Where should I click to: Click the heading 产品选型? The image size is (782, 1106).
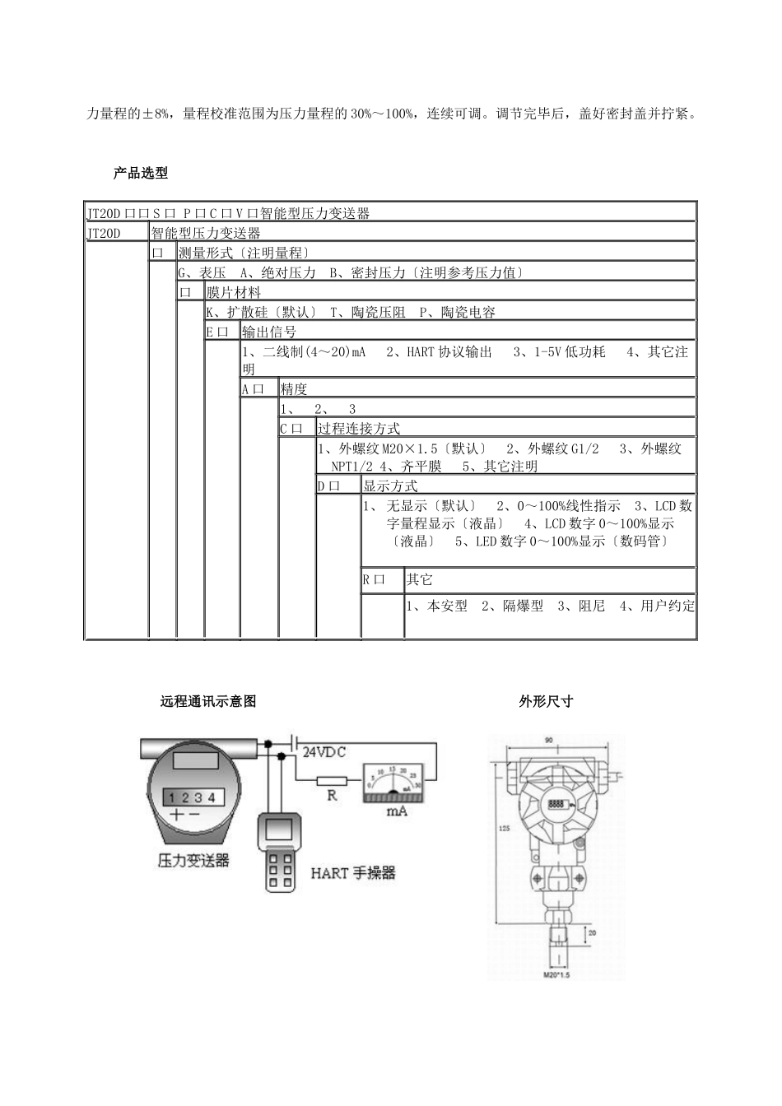tap(140, 173)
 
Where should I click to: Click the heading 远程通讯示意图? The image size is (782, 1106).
tap(208, 701)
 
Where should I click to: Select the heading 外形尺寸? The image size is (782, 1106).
tap(546, 701)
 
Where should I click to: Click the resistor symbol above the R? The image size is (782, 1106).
tap(333, 779)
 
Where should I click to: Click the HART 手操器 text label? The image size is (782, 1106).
tap(352, 872)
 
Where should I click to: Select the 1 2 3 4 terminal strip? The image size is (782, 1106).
tap(191, 797)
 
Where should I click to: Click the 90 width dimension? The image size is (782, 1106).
tap(549, 741)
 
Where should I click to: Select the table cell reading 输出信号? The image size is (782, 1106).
tap(269, 332)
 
